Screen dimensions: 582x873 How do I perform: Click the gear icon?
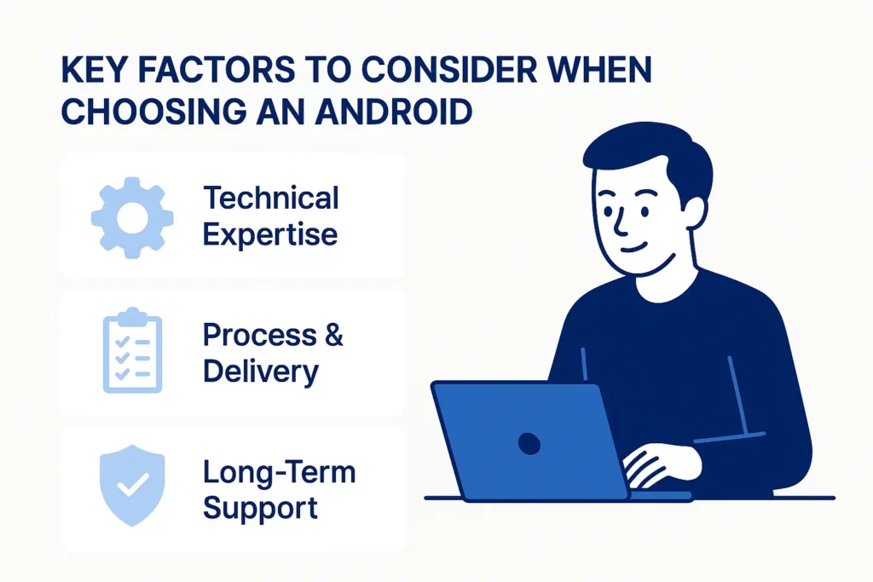pyautogui.click(x=132, y=218)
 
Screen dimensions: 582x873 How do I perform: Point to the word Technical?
pyautogui.click(x=271, y=199)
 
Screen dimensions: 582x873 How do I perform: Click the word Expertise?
pyautogui.click(x=270, y=234)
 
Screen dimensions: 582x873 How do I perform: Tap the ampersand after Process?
pyautogui.click(x=333, y=335)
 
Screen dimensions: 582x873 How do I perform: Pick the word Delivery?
pyautogui.click(x=261, y=372)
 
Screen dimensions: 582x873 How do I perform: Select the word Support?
pyautogui.click(x=261, y=509)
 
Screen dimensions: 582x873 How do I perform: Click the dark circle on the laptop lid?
pyautogui.click(x=529, y=442)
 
